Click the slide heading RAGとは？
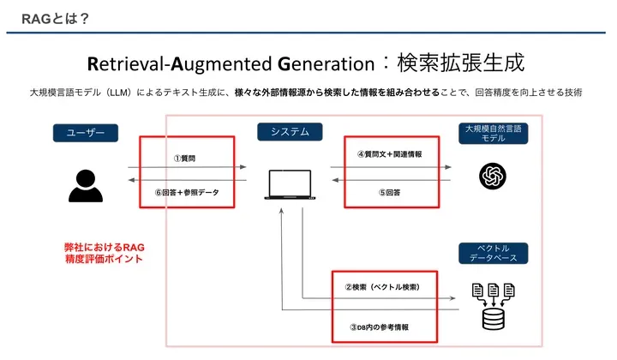click(56, 19)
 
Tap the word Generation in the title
click(326, 63)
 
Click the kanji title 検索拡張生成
click(461, 63)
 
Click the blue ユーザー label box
click(86, 133)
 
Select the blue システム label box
click(290, 132)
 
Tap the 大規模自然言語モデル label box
click(493, 134)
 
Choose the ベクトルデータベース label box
click(493, 253)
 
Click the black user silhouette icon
click(86, 186)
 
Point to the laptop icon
click(290, 184)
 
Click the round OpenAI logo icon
click(493, 176)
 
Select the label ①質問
click(184, 159)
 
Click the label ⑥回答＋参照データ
click(187, 192)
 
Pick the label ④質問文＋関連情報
click(390, 154)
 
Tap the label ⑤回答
click(390, 192)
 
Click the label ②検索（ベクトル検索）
click(382, 287)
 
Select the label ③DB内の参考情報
click(380, 327)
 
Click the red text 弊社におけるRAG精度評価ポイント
click(105, 253)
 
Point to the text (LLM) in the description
click(118, 93)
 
